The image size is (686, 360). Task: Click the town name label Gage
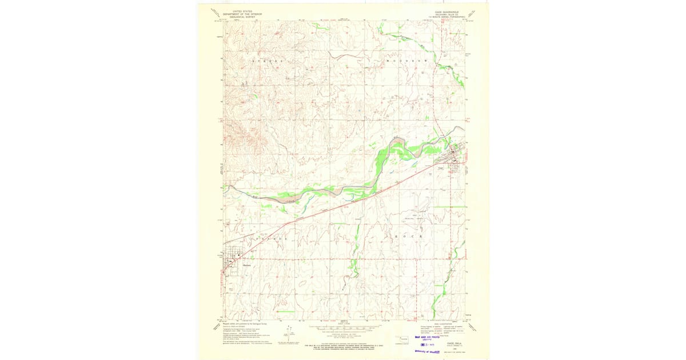441,168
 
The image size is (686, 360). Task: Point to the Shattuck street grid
234,260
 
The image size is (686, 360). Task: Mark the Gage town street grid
456,154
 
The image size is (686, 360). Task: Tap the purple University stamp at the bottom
429,351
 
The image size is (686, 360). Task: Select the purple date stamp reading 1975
427,345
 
